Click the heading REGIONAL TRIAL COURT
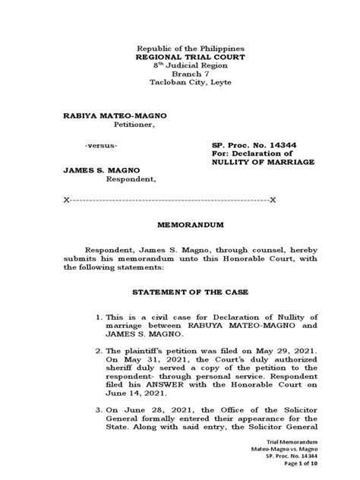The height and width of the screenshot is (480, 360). [180, 56]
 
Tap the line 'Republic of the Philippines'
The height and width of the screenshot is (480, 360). [180, 46]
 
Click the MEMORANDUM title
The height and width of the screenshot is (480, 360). [180, 226]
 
